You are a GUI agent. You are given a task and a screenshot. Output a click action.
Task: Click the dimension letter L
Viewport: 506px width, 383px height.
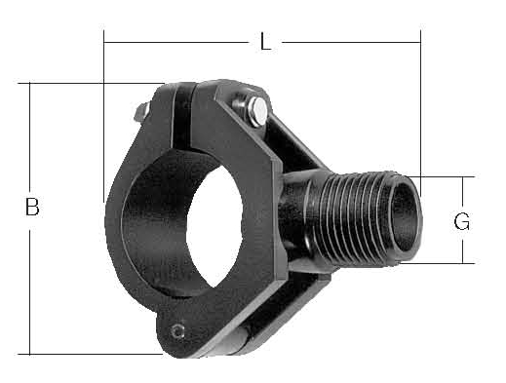click(265, 42)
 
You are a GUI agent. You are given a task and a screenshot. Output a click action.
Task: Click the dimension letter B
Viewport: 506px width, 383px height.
click(32, 207)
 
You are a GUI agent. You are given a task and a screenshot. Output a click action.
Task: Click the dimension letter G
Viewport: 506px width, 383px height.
click(462, 221)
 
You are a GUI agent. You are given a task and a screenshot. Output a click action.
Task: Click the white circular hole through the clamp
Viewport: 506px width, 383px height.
click(214, 226)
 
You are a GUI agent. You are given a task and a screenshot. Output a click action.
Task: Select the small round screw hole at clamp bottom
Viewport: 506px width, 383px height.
click(177, 331)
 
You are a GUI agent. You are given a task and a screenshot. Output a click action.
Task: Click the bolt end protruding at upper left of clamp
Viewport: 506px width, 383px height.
click(141, 111)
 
